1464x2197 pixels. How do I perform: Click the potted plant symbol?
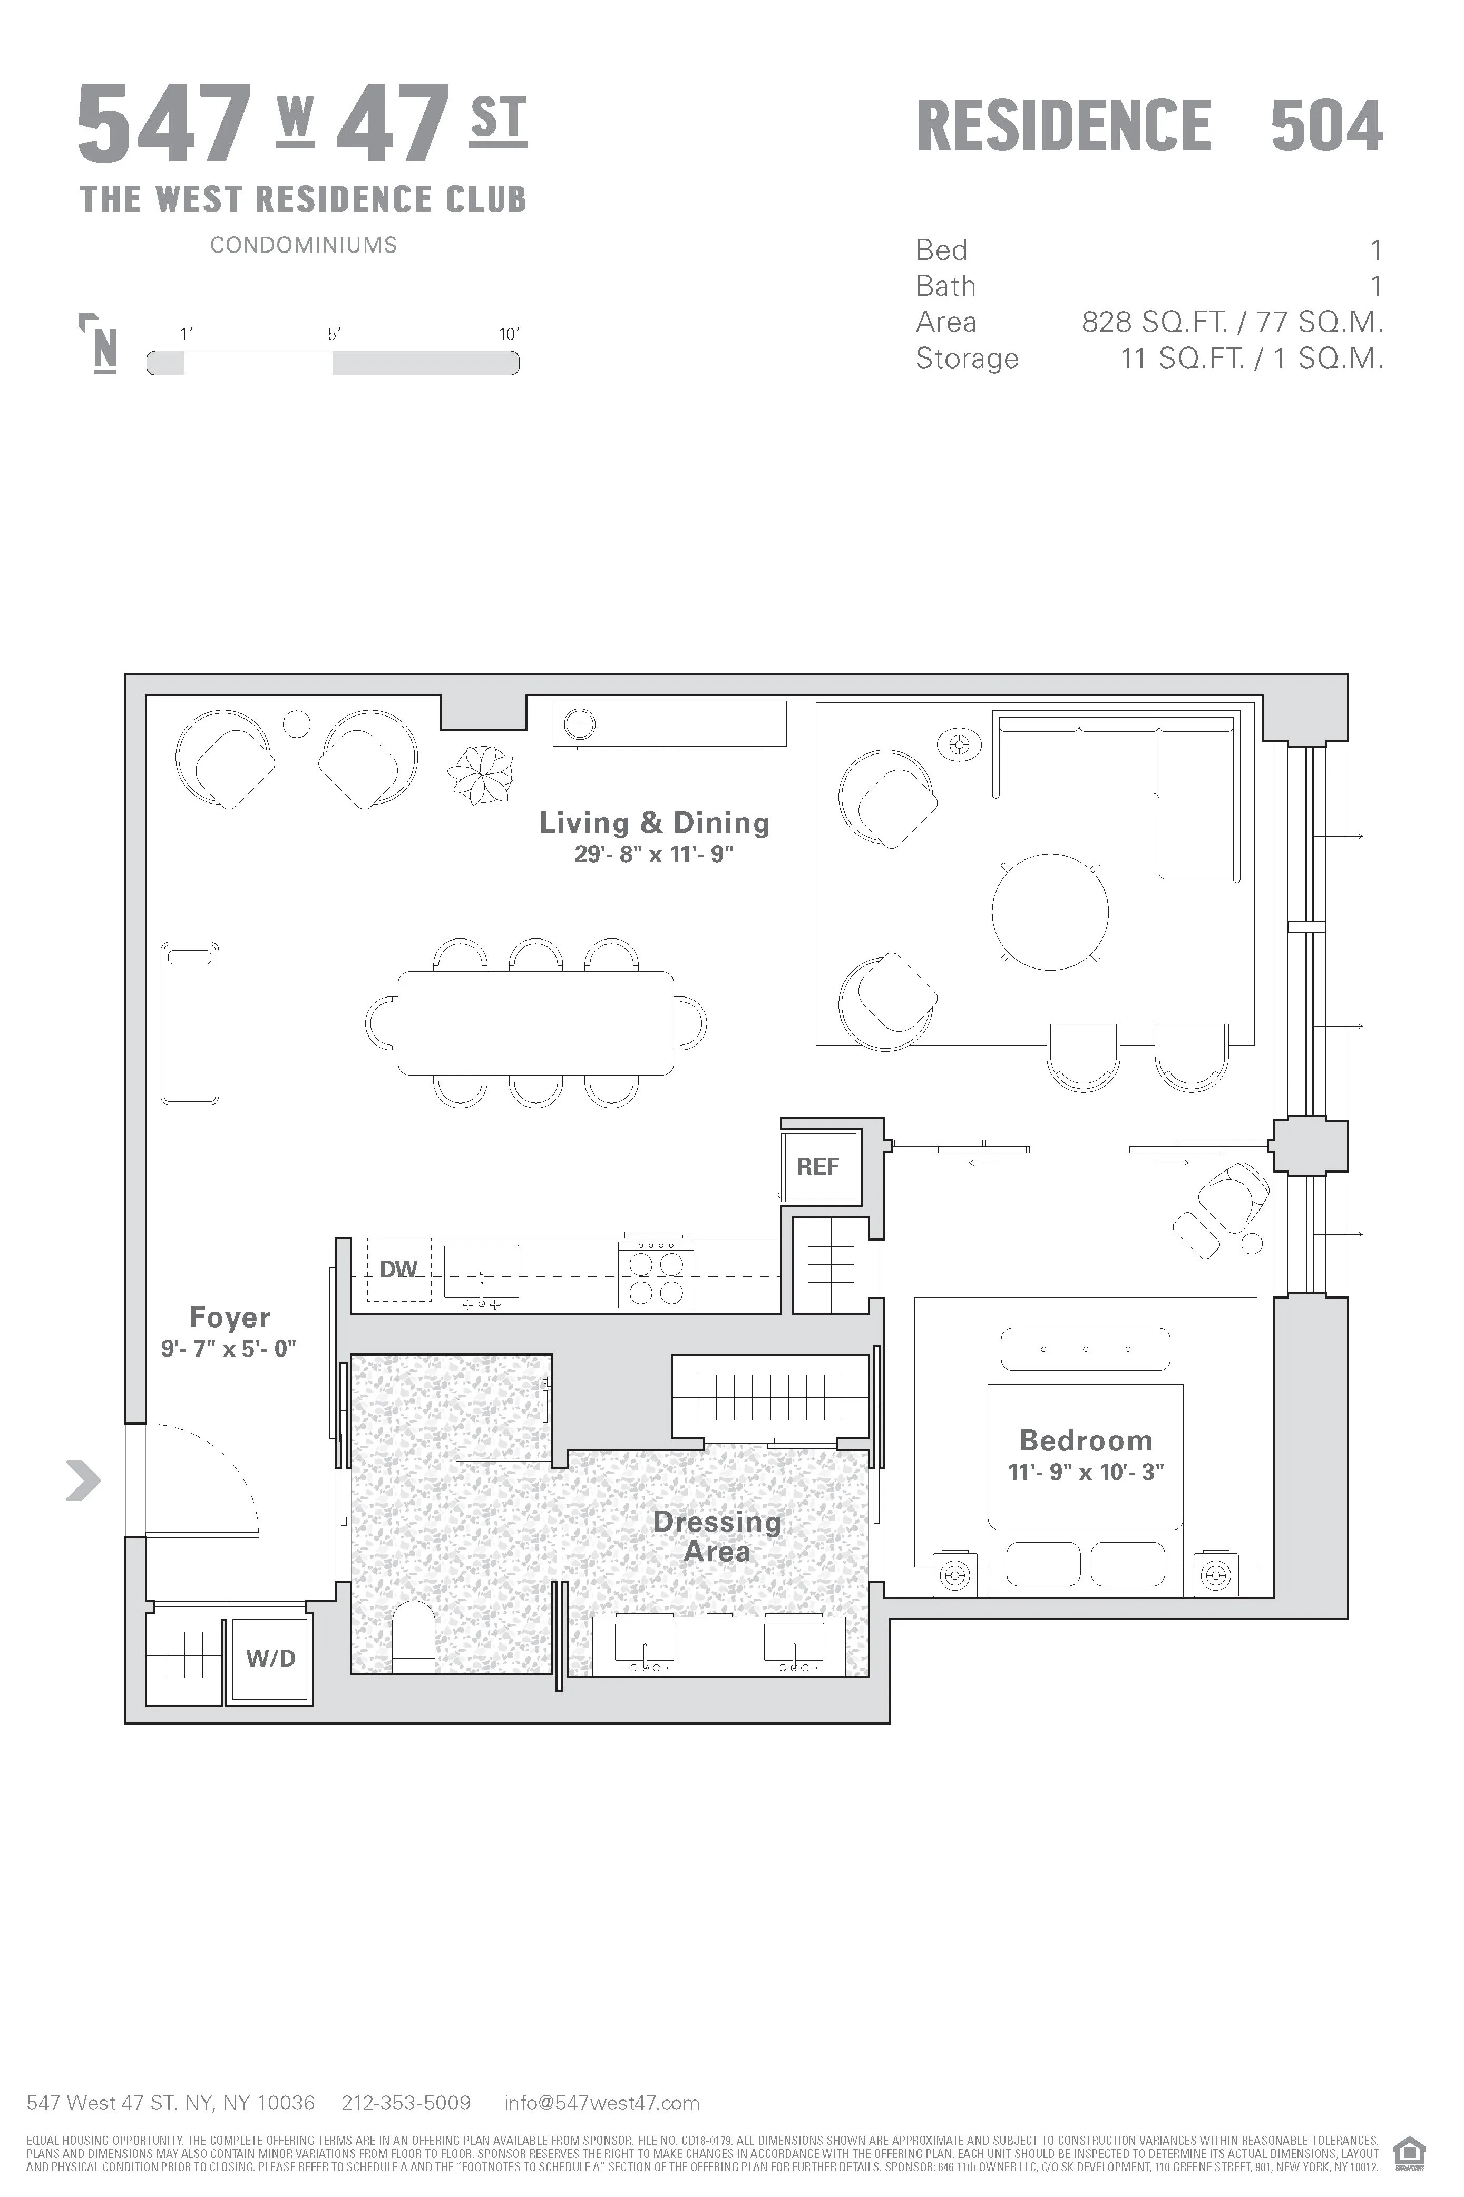click(481, 775)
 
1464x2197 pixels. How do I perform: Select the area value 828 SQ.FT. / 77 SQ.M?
click(1232, 322)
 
